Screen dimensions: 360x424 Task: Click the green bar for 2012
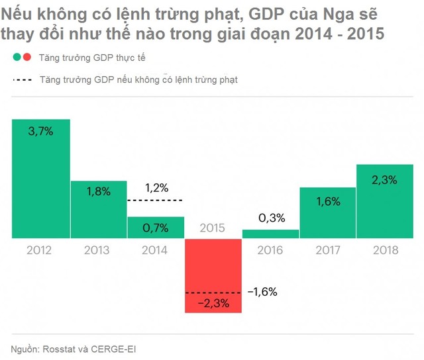(x=40, y=179)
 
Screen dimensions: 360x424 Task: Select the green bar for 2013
(x=98, y=209)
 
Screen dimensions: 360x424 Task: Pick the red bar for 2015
(x=212, y=275)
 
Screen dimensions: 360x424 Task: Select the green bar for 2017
(x=327, y=212)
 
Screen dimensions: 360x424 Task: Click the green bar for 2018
(x=385, y=201)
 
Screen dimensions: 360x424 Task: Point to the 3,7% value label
(x=40, y=132)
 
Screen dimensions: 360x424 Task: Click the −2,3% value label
(x=212, y=303)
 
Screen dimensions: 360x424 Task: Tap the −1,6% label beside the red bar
(x=262, y=291)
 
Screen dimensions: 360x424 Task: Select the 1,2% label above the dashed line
(x=156, y=188)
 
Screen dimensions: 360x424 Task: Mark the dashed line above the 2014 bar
(x=154, y=200)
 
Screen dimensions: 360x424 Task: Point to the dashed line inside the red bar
(x=212, y=292)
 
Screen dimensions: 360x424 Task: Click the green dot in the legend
(x=17, y=58)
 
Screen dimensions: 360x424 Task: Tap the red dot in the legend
(x=26, y=58)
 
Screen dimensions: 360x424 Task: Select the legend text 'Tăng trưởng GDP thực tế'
(x=92, y=58)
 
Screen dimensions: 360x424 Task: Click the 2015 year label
(x=212, y=228)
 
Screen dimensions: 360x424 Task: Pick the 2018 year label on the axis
(x=385, y=250)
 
